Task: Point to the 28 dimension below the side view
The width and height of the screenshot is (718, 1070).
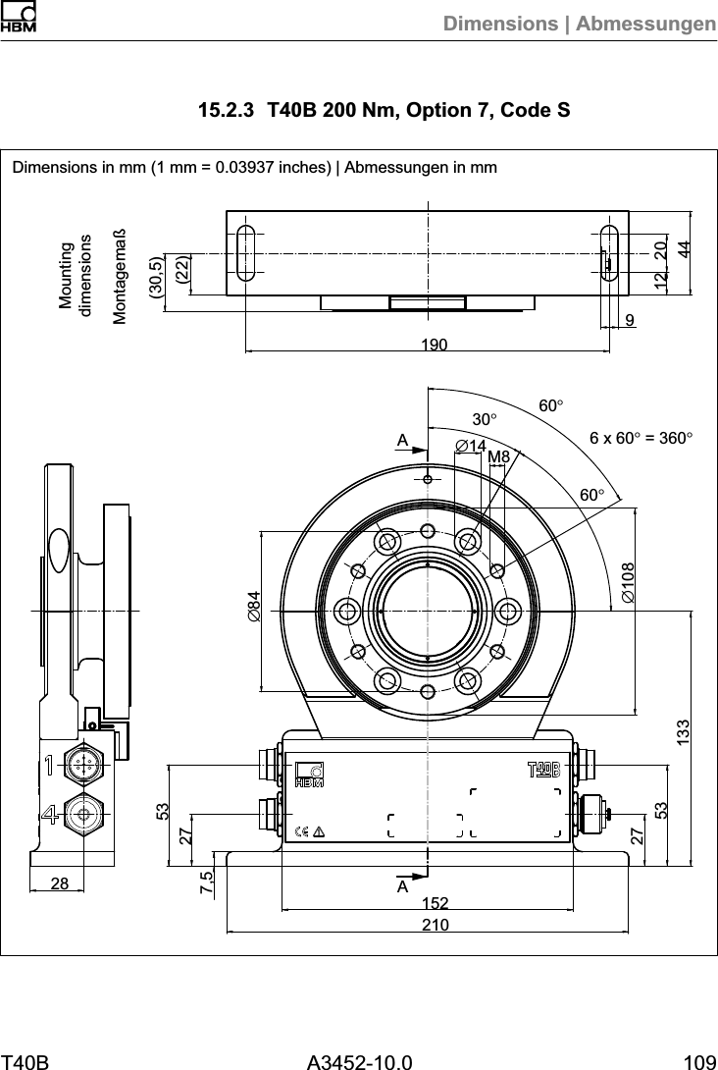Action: (x=60, y=883)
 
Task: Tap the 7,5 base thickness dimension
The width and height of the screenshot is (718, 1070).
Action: (x=206, y=882)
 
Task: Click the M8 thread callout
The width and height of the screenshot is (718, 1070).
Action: (x=499, y=456)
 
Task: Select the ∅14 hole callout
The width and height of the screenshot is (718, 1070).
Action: (x=472, y=447)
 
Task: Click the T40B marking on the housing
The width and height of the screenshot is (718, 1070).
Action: (x=543, y=768)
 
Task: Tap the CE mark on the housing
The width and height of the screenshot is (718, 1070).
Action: (x=302, y=831)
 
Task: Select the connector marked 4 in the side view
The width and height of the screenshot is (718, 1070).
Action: (x=82, y=814)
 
